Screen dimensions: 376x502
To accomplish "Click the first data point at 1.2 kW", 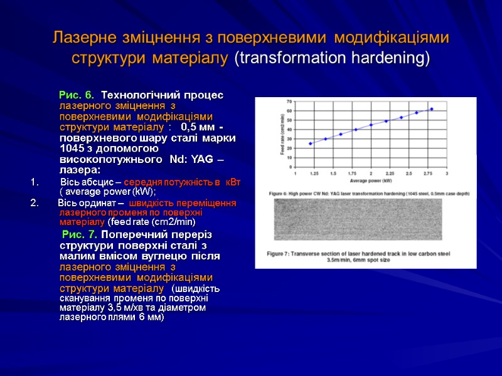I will (310, 144).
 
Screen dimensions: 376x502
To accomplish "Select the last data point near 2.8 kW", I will (432, 109).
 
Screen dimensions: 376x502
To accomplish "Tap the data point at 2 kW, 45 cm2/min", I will (371, 125).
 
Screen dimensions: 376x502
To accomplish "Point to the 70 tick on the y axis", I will (289, 101).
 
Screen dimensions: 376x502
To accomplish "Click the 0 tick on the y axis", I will (290, 167).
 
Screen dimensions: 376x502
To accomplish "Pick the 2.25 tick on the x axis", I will (390, 172).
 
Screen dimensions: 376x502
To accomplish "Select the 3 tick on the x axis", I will (447, 172).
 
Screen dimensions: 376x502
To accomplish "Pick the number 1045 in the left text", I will (72, 149).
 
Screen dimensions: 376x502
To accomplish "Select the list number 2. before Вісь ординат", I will (34, 203).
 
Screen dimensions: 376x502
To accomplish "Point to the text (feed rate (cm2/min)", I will (151, 222).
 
